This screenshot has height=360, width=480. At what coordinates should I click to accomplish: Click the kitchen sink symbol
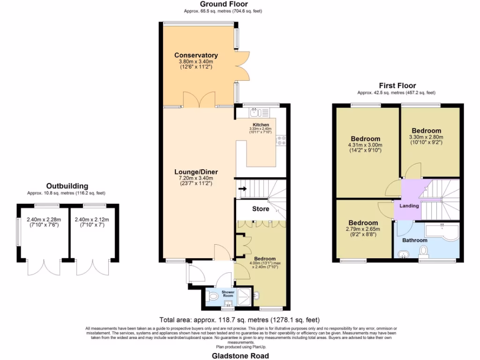coord(255,112)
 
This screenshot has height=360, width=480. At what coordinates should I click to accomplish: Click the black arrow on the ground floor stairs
coord(243,189)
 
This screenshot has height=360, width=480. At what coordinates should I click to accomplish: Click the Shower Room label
coord(228,293)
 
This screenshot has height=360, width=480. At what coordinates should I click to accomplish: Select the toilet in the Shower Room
coord(213,296)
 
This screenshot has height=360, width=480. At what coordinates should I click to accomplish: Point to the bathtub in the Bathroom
coord(441,232)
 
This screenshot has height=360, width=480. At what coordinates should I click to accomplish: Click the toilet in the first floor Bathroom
coord(424,252)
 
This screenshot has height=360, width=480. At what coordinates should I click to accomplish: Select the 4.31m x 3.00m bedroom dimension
coord(365,145)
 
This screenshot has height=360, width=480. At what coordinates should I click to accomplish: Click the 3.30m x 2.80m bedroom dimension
coord(426,137)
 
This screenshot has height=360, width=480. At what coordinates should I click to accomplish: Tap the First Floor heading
coord(397,85)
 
